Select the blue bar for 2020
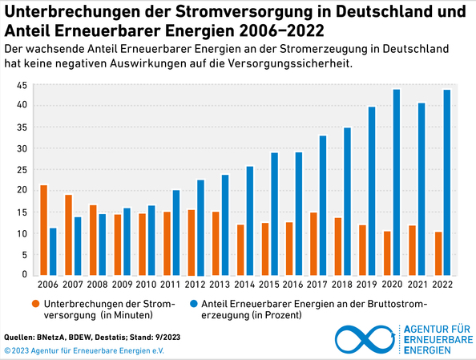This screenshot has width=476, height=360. [396, 183]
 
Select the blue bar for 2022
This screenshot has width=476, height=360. [446, 183]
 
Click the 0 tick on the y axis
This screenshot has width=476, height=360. [26, 275]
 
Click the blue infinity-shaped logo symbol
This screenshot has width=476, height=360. [365, 339]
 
